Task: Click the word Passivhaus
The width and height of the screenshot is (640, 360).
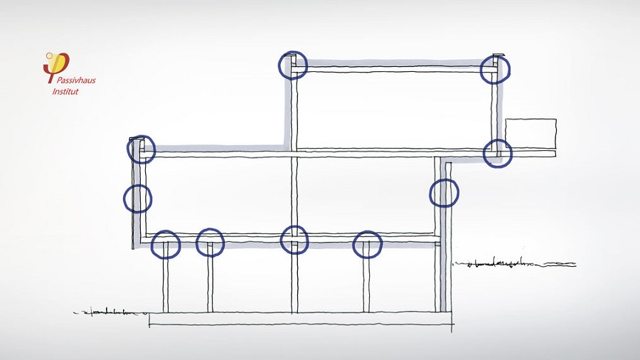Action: [x=76, y=80]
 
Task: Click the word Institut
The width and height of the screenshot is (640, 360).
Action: [x=65, y=92]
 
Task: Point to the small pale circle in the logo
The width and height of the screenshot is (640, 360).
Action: [x=49, y=55]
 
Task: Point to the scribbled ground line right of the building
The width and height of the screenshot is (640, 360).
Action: [x=515, y=263]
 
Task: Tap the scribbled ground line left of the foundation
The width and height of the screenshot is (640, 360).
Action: [x=110, y=313]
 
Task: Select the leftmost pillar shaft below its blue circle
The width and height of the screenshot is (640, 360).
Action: [x=166, y=286]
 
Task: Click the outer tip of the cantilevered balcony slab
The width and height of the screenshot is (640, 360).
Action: [x=556, y=153]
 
